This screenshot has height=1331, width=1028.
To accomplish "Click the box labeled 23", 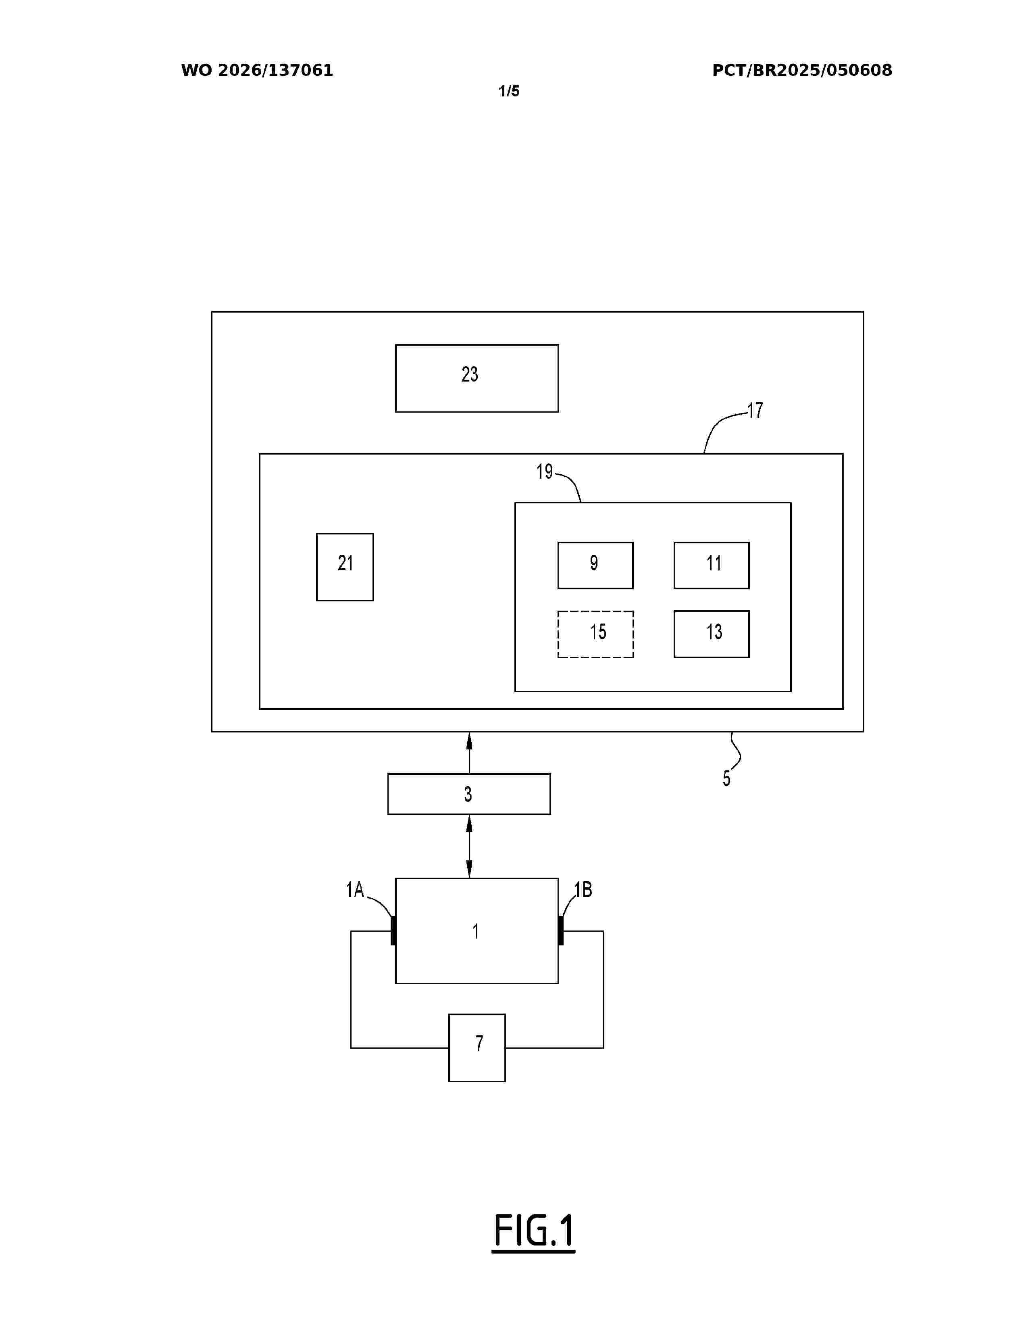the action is click(x=477, y=378).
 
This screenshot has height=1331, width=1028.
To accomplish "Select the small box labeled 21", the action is click(x=345, y=567).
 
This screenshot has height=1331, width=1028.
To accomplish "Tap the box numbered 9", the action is click(x=595, y=565).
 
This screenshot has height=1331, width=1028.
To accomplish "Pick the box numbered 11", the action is click(x=711, y=565).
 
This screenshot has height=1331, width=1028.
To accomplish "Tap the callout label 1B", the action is click(x=583, y=890).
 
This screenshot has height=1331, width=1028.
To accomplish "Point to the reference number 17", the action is click(x=755, y=411).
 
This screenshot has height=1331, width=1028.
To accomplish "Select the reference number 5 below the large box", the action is click(x=726, y=779).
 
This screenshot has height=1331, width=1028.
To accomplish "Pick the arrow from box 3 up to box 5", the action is click(x=469, y=753).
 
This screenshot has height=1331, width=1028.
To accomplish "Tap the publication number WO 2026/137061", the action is click(x=257, y=71).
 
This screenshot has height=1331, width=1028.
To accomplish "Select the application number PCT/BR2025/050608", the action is click(x=802, y=71).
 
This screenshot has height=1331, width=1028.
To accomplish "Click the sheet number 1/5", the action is click(x=509, y=92).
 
